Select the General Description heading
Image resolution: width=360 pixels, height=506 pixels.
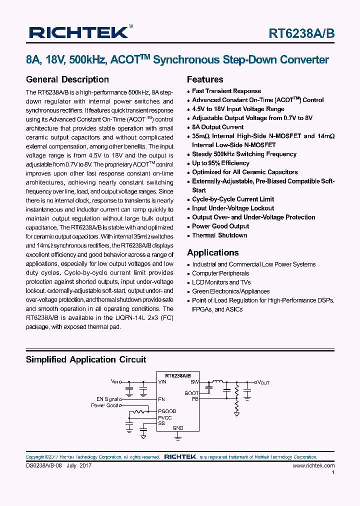[x=67, y=79]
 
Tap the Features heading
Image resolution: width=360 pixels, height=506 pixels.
[x=205, y=79]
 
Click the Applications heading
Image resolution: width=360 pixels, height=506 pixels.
[x=212, y=252]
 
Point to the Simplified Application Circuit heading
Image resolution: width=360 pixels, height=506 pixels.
[x=85, y=359]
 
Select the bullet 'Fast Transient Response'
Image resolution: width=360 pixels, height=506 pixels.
[x=226, y=91]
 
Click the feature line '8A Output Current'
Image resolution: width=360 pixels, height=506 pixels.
[x=217, y=127]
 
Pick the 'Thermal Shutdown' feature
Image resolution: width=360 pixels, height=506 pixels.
[x=219, y=235]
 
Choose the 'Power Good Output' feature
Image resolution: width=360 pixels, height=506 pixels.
[x=220, y=226]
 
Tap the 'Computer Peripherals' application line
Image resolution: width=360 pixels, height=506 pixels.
[x=220, y=273]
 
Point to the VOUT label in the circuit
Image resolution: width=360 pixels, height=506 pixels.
[x=263, y=382]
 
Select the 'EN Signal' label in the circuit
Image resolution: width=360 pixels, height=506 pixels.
[x=108, y=399]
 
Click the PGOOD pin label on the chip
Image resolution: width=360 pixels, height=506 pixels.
[x=167, y=411]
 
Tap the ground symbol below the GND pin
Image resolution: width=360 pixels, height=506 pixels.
[x=178, y=437]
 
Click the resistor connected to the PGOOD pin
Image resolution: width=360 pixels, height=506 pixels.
[x=140, y=411]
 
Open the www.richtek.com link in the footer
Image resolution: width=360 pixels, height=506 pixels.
[x=313, y=465]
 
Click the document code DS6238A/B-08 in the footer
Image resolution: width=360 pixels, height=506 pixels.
[x=43, y=465]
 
